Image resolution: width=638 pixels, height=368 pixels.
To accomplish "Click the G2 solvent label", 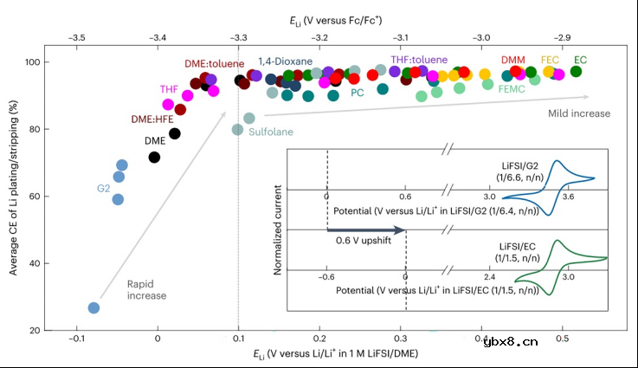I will [x=104, y=187].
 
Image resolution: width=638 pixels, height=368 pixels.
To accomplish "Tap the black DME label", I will [x=155, y=140].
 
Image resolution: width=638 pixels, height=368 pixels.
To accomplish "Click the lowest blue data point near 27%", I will [x=93, y=307].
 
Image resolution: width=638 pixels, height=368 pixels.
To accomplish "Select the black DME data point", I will [x=154, y=157].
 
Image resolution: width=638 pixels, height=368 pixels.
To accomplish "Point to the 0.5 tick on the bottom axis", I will [x=562, y=341].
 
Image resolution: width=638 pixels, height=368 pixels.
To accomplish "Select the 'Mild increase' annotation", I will [x=579, y=113].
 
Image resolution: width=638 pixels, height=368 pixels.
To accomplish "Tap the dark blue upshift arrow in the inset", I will [x=364, y=229].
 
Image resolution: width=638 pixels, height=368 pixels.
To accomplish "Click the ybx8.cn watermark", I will [x=585, y=340].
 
